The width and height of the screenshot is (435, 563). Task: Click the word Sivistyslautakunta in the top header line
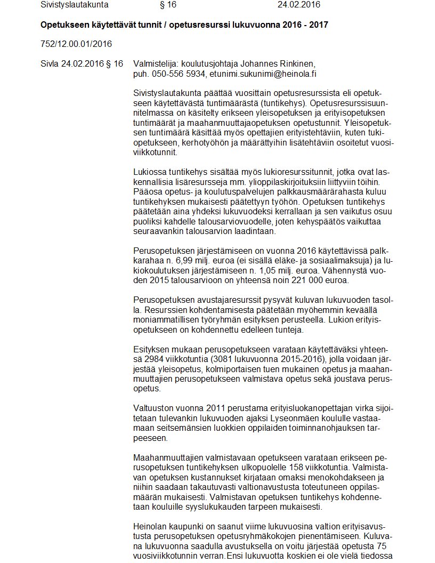point(74,5)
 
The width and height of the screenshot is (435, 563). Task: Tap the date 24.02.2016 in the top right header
point(299,5)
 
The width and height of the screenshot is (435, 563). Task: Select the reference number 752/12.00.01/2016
point(76,44)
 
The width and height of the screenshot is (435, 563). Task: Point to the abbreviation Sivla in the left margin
point(50,63)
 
